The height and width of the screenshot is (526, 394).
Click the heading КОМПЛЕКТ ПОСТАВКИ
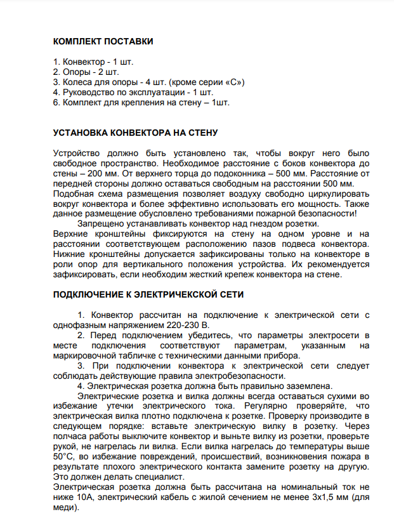[103, 42]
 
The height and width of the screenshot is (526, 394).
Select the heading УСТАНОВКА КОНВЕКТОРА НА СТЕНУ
[135, 133]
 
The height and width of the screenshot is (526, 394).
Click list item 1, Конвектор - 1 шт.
[93, 62]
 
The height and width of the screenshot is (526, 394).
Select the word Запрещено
[101, 224]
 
